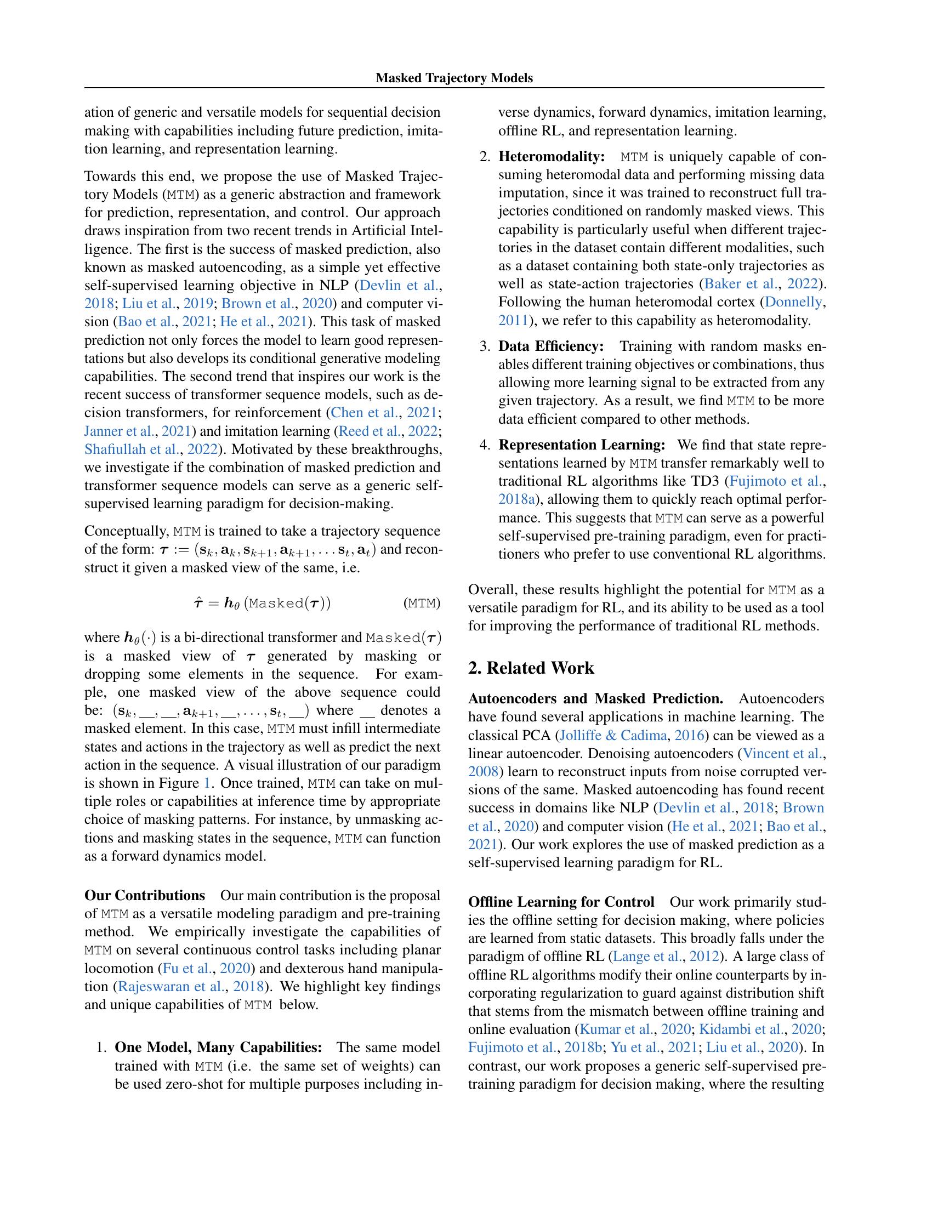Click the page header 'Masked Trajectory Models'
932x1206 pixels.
(454, 78)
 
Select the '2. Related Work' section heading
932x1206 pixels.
(531, 668)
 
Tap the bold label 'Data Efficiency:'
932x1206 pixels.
(550, 346)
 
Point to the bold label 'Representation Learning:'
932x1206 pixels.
(581, 445)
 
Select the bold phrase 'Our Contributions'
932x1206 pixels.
(145, 895)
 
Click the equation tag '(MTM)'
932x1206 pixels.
(422, 603)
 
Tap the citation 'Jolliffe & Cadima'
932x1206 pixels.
(606, 735)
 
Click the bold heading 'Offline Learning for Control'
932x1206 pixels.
(561, 902)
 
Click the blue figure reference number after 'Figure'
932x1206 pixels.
(207, 783)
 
